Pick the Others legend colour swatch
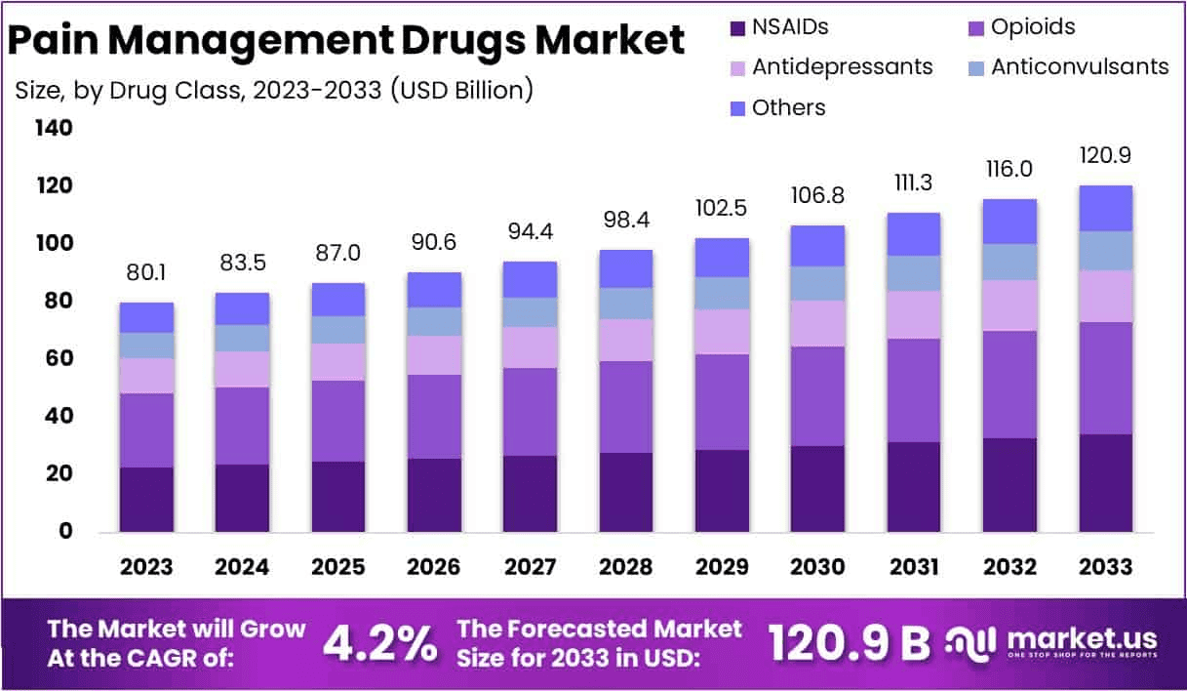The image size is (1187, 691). [x=737, y=107]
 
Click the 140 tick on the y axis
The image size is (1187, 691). [x=53, y=128]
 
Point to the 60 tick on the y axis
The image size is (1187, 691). [x=58, y=359]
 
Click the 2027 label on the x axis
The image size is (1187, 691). [x=530, y=567]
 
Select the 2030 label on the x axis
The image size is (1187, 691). [x=817, y=567]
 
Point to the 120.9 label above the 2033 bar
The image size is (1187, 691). [x=1105, y=155]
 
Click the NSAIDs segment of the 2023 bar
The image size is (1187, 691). [x=146, y=499]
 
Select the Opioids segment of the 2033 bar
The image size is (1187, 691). [x=1105, y=378]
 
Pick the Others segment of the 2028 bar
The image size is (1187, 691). [x=626, y=268]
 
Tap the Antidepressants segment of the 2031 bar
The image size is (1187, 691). [x=913, y=314]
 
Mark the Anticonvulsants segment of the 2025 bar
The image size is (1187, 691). [x=338, y=330]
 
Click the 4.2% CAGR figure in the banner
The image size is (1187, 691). [x=379, y=643]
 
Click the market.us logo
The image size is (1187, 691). [x=1053, y=641]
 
